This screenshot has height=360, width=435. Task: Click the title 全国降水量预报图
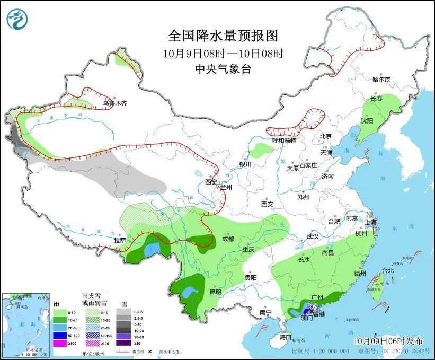point(223,36)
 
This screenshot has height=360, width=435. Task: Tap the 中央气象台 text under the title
point(223,68)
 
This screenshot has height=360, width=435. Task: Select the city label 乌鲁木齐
point(115,103)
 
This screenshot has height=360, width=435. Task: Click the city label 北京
point(325,136)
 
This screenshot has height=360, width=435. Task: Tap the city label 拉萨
point(120,240)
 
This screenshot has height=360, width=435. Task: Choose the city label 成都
point(228,239)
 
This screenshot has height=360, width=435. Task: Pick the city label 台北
point(388,270)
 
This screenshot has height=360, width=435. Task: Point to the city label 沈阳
point(367,121)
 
